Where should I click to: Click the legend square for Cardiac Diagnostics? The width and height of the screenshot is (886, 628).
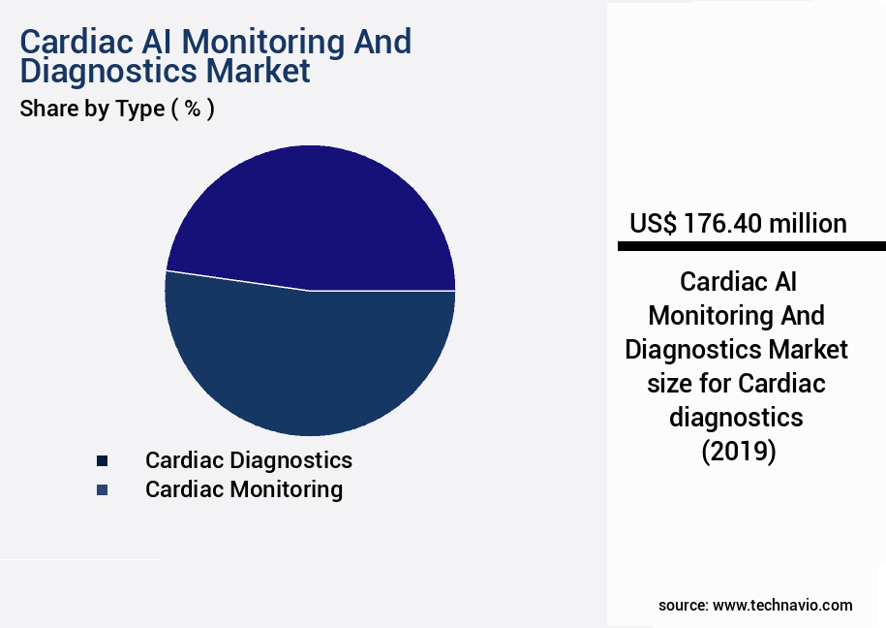point(102,460)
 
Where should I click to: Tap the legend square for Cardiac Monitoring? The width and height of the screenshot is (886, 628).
point(102,490)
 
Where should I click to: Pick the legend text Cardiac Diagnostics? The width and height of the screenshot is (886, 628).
point(249,459)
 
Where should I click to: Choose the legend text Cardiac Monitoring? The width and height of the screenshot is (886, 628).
point(244,489)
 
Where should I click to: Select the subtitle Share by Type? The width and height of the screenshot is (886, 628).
point(92,109)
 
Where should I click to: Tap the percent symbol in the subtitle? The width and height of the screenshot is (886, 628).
point(193,109)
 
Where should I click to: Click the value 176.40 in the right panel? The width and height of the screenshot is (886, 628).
point(723,224)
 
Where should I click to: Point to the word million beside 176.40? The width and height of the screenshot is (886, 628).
point(808,224)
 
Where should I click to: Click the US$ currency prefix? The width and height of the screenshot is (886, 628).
point(655,224)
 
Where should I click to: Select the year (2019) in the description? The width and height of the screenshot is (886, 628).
point(738,452)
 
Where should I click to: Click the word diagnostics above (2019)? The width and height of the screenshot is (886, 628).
point(736,418)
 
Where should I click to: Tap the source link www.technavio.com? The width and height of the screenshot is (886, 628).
point(782,605)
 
